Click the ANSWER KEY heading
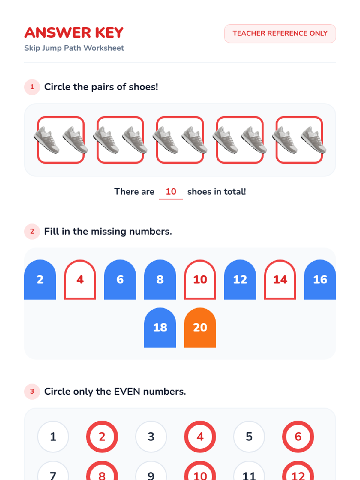(x=74, y=33)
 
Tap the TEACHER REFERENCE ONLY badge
(x=280, y=34)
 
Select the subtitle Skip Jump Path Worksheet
(x=74, y=48)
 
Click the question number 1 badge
(x=32, y=87)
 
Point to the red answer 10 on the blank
(x=171, y=192)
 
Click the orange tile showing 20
(x=200, y=327)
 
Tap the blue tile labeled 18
(x=160, y=327)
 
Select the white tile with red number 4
(x=80, y=280)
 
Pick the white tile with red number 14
(x=280, y=280)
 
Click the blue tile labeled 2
(x=40, y=280)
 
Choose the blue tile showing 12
(x=240, y=280)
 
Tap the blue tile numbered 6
(x=120, y=280)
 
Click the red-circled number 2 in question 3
(x=102, y=436)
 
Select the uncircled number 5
(x=249, y=436)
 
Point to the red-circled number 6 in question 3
(x=298, y=436)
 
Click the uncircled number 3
(x=151, y=436)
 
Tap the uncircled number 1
(x=53, y=436)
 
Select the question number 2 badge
(x=32, y=232)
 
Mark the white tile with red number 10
(x=200, y=280)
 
